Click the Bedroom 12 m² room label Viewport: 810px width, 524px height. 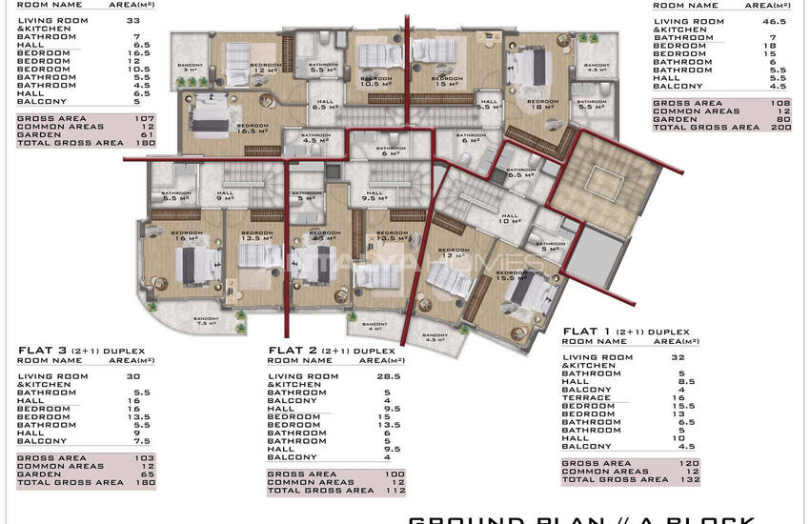click(265, 68)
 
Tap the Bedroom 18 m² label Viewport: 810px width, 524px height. click(542, 104)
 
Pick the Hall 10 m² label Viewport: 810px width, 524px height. click(511, 218)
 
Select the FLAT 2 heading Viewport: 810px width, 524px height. click(292, 350)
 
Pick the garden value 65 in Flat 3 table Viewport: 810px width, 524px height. click(145, 473)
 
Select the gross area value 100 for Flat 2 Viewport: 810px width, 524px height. click(394, 474)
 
